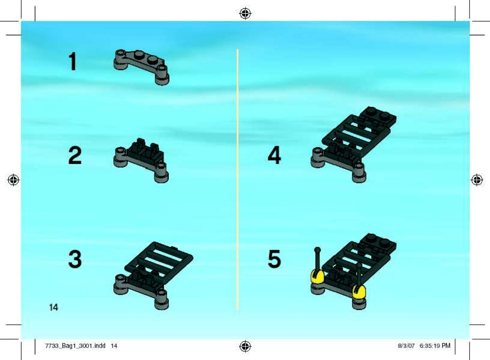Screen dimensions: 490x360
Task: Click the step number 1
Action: coord(73,62)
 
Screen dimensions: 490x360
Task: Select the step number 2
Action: coord(75,156)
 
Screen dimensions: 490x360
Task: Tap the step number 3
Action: coord(75,259)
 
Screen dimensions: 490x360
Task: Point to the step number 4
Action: coord(274,155)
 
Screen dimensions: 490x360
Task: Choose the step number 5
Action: coord(275,259)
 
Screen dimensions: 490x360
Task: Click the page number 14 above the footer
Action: coord(54,308)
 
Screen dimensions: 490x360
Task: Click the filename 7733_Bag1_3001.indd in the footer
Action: coord(75,346)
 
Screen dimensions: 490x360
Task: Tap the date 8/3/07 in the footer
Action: coord(406,346)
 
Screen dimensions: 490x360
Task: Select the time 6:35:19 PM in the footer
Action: coord(435,346)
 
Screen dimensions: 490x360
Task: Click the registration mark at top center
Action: coord(245,14)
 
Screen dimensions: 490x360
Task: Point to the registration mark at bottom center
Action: coord(245,346)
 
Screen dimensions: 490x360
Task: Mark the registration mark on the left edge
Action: coord(13,180)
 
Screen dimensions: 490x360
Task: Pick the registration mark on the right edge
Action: coord(477,180)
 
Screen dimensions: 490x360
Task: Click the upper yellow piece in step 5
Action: coord(317,276)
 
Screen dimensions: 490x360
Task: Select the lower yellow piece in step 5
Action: coord(359,292)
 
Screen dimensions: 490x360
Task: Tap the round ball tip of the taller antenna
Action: coord(317,250)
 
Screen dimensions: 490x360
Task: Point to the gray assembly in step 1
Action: coord(141,67)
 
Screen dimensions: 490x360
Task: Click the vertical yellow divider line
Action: coord(237,179)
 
